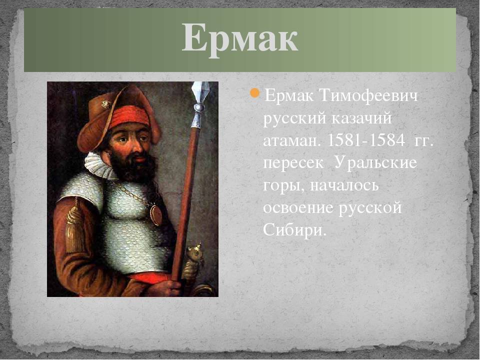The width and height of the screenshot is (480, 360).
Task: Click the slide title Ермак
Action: [239, 38]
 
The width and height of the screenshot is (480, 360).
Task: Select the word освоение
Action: [298, 207]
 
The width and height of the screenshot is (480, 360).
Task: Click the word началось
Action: [344, 185]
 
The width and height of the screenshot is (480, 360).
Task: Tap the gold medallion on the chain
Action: [156, 214]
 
